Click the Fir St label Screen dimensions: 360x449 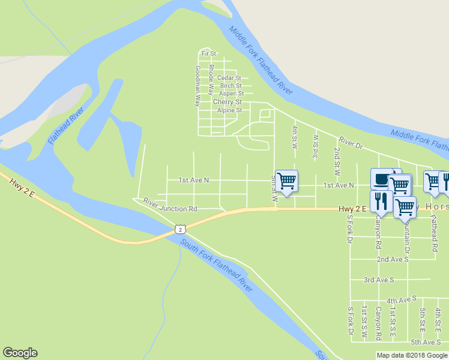[209, 54]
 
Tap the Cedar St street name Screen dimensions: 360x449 [229, 78]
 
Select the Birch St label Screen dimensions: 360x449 [231, 86]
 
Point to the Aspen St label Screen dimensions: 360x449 [231, 94]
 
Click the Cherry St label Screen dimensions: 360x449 [228, 102]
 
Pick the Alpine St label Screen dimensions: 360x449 [229, 110]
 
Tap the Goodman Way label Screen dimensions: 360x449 [197, 86]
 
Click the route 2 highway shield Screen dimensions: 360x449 [179, 229]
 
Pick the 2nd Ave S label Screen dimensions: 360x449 [393, 259]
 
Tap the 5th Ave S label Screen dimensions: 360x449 [426, 342]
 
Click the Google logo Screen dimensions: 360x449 [20, 353]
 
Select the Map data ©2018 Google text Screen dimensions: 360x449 [412, 355]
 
